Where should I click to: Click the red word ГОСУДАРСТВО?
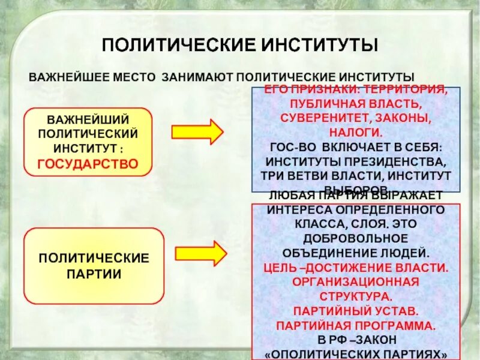click(x=88, y=163)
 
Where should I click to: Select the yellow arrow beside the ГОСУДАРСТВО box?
click(x=197, y=131)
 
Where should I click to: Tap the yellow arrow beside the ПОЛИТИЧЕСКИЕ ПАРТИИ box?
click(x=200, y=253)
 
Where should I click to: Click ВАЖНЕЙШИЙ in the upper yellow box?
click(x=88, y=118)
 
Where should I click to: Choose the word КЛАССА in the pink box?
click(x=314, y=224)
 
